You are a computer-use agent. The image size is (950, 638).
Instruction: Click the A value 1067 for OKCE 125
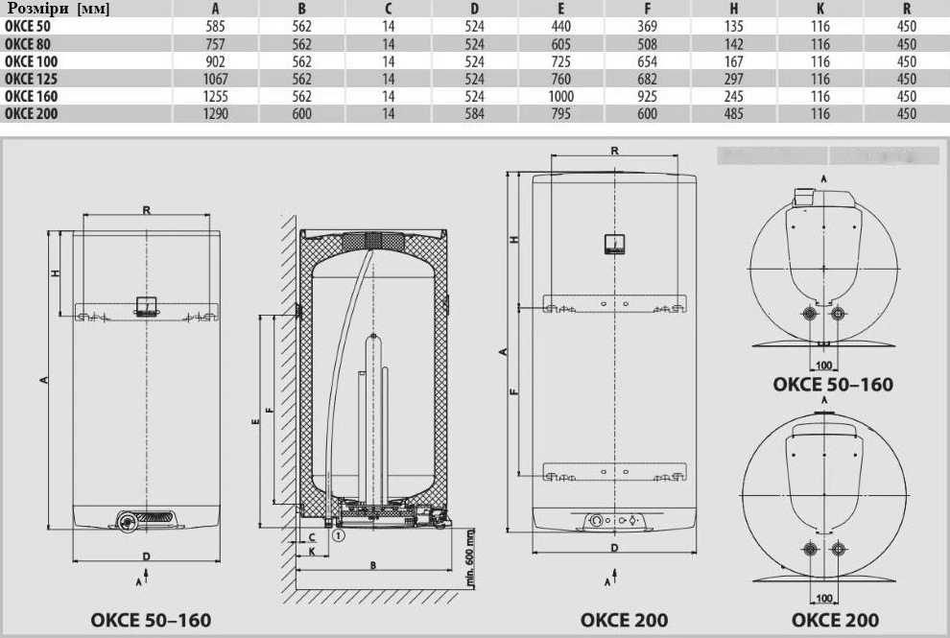click(x=215, y=80)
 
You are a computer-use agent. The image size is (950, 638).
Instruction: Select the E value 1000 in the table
click(x=561, y=96)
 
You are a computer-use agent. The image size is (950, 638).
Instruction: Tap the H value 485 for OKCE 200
click(x=734, y=114)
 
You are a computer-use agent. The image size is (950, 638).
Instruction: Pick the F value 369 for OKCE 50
click(x=647, y=27)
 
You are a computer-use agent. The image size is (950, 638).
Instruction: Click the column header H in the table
click(x=734, y=9)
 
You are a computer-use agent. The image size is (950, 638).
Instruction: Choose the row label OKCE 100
click(x=31, y=61)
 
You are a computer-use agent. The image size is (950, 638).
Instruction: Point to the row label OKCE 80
click(x=27, y=44)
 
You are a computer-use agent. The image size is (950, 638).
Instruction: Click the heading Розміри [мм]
click(x=59, y=9)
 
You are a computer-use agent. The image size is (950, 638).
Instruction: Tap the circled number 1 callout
click(x=338, y=535)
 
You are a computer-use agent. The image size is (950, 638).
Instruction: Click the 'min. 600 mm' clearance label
click(x=471, y=557)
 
